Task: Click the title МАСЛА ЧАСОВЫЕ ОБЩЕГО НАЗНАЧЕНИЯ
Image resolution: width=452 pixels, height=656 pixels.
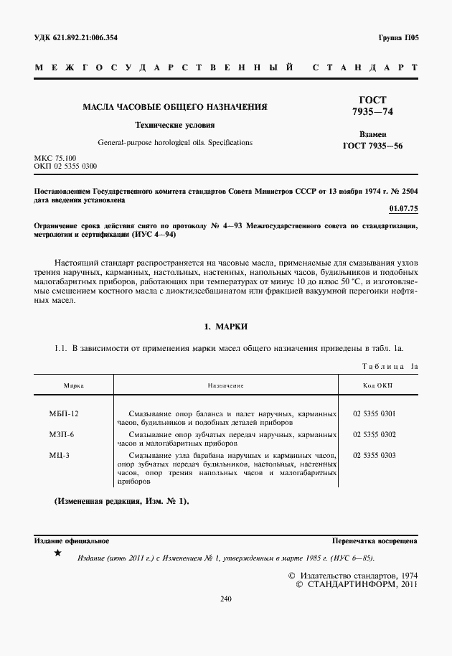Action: click(x=175, y=107)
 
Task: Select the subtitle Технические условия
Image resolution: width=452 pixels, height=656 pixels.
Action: click(x=175, y=125)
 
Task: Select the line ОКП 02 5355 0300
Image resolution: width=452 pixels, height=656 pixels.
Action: click(x=65, y=166)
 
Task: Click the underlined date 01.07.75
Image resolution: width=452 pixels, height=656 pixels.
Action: click(x=402, y=208)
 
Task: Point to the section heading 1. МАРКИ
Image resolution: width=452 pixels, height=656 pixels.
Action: click(x=226, y=327)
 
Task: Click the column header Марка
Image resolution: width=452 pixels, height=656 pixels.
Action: click(x=74, y=385)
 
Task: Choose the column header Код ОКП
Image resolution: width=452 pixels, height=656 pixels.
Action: click(x=378, y=385)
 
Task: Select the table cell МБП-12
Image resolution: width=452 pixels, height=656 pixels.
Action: click(x=64, y=415)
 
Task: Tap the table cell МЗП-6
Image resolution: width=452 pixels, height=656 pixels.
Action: click(x=62, y=435)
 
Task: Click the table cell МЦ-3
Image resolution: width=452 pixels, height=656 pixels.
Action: click(x=60, y=455)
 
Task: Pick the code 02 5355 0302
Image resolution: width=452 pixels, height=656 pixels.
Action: click(x=375, y=435)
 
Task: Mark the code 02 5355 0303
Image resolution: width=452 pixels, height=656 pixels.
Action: click(x=375, y=455)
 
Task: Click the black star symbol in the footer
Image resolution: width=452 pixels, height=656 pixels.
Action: click(x=58, y=555)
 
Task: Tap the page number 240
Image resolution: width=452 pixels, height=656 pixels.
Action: click(x=226, y=598)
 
